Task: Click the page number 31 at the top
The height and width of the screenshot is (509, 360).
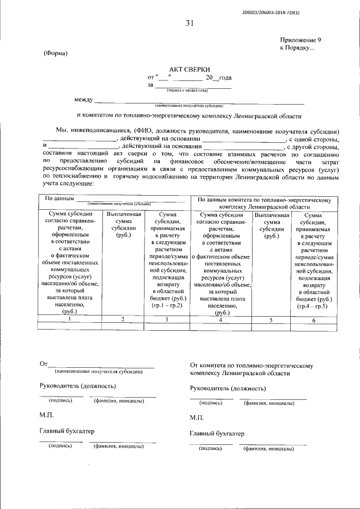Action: (x=189, y=23)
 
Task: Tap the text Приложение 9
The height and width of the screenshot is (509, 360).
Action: (x=301, y=40)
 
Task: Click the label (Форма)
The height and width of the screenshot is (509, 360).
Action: (x=55, y=53)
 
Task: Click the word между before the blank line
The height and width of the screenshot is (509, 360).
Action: (x=83, y=100)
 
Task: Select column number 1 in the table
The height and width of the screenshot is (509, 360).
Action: (x=69, y=319)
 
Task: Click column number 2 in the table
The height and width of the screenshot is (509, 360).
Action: (x=123, y=319)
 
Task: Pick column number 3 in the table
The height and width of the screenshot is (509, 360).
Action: (x=168, y=319)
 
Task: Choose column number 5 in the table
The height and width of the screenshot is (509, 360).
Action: (x=271, y=319)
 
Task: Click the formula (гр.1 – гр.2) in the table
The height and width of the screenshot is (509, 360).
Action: (x=168, y=305)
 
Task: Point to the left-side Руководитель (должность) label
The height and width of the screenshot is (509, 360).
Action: (x=78, y=386)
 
